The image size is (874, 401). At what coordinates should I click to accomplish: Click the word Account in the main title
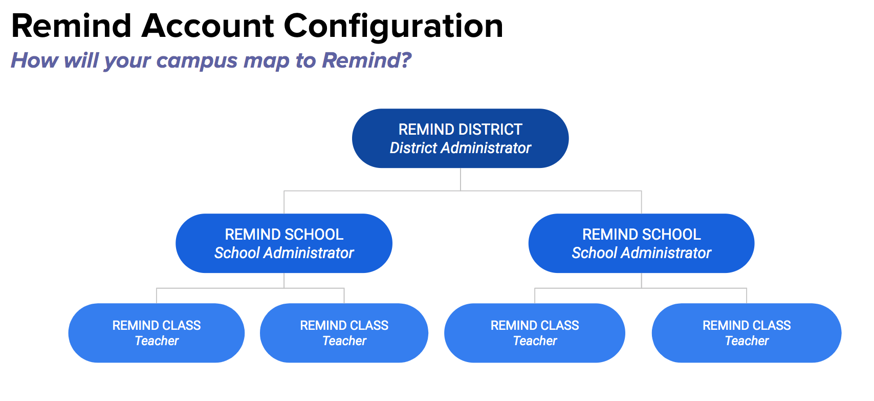coord(208,26)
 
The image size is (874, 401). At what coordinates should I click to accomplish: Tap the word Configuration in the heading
coord(394,28)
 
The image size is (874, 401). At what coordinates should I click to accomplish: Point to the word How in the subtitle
coord(35,60)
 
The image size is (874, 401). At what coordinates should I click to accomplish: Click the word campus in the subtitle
coord(196,61)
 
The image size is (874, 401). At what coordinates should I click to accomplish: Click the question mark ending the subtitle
coord(405,60)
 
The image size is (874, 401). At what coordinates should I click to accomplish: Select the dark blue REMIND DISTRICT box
coord(461,138)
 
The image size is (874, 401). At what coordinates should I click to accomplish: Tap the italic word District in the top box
coord(414,148)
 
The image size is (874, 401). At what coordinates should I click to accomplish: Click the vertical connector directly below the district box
coord(461,180)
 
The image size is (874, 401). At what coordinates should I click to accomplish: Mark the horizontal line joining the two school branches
coord(463,191)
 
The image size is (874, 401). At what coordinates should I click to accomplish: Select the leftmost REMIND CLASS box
coord(157,333)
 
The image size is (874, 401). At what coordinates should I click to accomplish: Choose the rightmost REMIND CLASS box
coord(747,333)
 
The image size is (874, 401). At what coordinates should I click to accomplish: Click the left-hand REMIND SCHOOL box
coord(284,243)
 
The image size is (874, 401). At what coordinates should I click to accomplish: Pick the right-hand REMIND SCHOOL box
coord(642,243)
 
